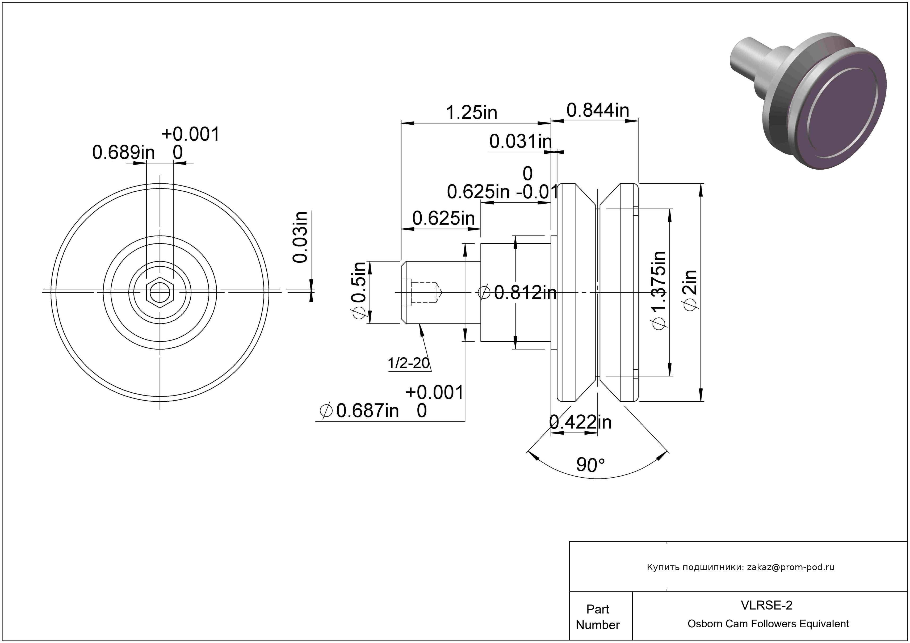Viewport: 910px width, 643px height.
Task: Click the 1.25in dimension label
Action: click(x=471, y=112)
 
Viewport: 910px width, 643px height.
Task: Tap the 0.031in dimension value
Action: click(x=520, y=141)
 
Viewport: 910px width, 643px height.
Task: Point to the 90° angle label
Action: click(x=590, y=465)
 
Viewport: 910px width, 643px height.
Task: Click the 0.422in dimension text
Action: click(x=581, y=422)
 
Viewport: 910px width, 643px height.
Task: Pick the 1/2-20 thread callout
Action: click(x=409, y=363)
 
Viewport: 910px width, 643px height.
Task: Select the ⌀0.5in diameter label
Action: click(x=359, y=290)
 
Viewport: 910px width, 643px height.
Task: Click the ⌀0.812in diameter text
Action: click(x=517, y=293)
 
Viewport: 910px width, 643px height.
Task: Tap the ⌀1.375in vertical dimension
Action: click(x=659, y=290)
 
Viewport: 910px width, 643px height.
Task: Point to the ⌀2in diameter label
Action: click(x=690, y=291)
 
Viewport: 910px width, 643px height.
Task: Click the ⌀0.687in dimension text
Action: click(x=359, y=410)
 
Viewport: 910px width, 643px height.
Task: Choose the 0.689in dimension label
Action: click(x=124, y=153)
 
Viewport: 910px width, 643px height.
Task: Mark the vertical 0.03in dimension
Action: click(x=300, y=237)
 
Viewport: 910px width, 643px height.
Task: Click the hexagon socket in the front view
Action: click(x=160, y=292)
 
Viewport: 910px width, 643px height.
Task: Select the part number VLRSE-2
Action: click(x=766, y=605)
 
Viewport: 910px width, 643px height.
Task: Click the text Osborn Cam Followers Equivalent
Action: click(x=768, y=624)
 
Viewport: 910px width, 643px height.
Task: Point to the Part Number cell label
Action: click(x=598, y=617)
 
